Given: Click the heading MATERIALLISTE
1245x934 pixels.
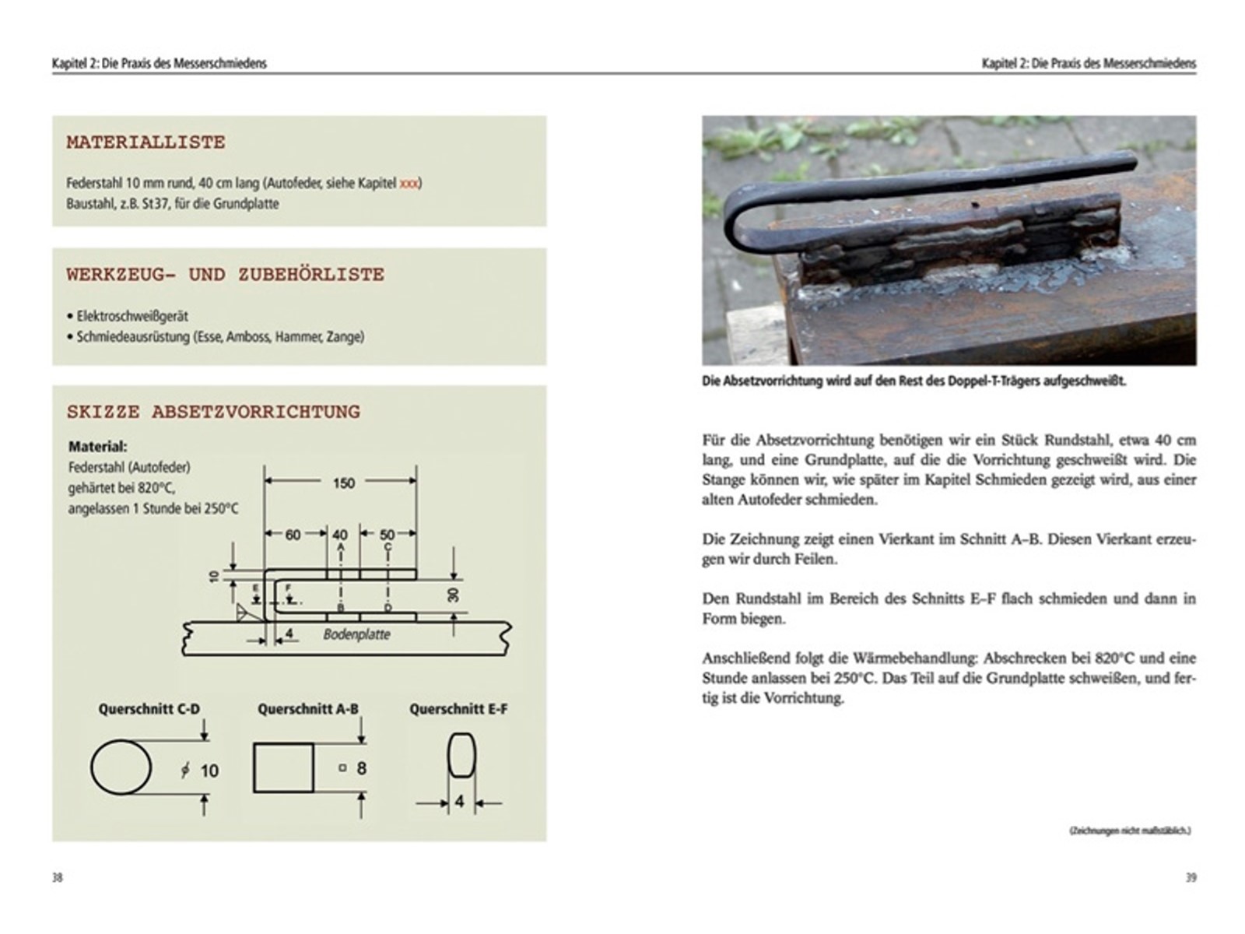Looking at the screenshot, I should [x=146, y=142].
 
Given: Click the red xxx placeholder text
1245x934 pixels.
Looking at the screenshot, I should [x=409, y=184].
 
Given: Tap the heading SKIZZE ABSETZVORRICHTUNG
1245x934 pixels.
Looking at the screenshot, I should [x=213, y=412].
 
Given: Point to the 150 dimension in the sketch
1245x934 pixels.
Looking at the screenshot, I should [x=343, y=483].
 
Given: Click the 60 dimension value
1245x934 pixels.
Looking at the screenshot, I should [x=293, y=535].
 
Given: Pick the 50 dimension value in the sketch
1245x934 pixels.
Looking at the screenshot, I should [x=387, y=535].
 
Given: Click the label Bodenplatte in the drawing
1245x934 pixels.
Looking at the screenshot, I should [x=356, y=634].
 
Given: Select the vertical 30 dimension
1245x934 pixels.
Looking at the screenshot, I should [x=454, y=595].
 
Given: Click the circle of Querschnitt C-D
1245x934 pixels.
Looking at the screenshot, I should [x=121, y=767].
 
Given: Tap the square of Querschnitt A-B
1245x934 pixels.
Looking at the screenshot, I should [x=283, y=767].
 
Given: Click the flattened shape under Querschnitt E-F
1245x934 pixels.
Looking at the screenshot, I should [x=461, y=755].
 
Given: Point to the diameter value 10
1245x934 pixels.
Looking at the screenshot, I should [x=209, y=771].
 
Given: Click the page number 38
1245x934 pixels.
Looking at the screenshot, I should [x=57, y=877].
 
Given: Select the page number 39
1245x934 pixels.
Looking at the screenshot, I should [x=1191, y=877].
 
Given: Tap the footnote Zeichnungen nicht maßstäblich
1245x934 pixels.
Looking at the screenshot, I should [x=1130, y=830].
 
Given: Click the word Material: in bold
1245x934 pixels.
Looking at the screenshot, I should [x=97, y=447].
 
